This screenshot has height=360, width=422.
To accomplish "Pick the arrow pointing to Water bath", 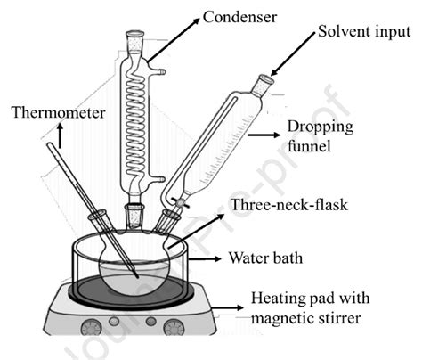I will pyautogui.click(x=223, y=259).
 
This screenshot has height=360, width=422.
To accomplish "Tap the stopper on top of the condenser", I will pyautogui.click(x=136, y=39).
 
